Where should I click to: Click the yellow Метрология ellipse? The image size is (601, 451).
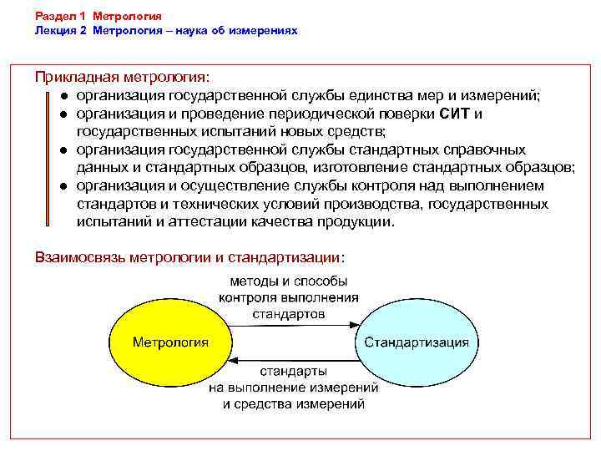(x=170, y=342)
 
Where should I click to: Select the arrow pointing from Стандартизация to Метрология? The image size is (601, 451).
(x=293, y=359)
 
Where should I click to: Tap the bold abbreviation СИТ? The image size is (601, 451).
(x=456, y=114)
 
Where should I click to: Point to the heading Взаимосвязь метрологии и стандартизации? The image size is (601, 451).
(x=189, y=256)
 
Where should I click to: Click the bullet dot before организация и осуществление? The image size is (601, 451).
(x=63, y=186)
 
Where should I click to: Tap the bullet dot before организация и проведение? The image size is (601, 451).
(x=63, y=114)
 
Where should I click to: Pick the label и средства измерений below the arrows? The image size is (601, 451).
(x=293, y=403)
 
